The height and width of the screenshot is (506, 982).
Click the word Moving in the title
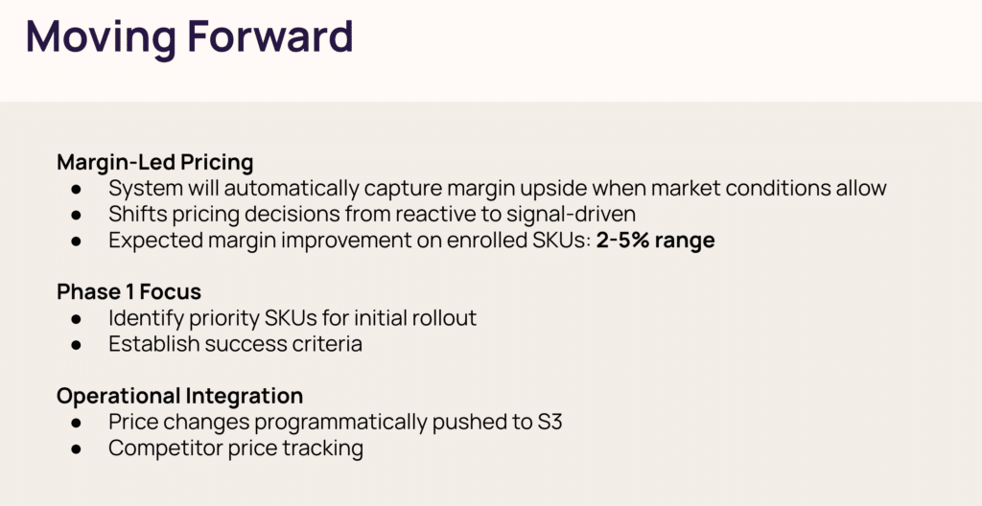pyautogui.click(x=101, y=37)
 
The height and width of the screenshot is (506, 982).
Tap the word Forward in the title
pyautogui.click(x=270, y=35)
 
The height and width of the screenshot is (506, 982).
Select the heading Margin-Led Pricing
pyautogui.click(x=154, y=162)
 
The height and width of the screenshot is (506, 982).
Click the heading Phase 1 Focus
pyautogui.click(x=129, y=291)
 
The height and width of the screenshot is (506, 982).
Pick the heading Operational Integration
pyautogui.click(x=179, y=396)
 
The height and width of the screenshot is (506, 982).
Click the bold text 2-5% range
pyautogui.click(x=655, y=241)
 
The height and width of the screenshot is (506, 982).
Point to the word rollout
pyautogui.click(x=444, y=317)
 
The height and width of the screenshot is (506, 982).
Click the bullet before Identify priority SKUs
pyautogui.click(x=77, y=319)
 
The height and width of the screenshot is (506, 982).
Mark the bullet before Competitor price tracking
pyautogui.click(x=77, y=449)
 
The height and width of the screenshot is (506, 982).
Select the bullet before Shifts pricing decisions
pyautogui.click(x=77, y=215)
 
